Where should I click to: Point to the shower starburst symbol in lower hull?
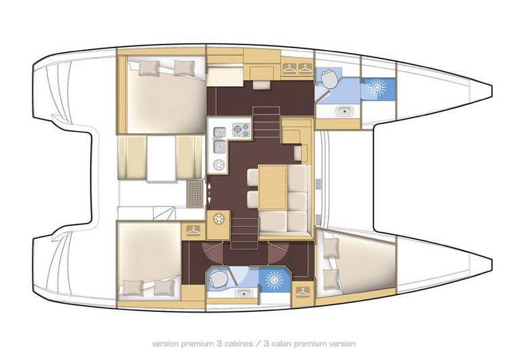274,280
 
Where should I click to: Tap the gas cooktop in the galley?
242,130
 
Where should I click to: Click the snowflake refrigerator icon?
219,219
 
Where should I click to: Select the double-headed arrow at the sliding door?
209,193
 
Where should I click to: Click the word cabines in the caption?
238,344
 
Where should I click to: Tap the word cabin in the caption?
281,344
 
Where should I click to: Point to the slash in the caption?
259,344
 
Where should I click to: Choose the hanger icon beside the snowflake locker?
193,231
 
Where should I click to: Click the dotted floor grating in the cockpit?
195,193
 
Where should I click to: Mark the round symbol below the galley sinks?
219,165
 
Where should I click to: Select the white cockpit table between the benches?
161,159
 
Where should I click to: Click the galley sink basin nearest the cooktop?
220,132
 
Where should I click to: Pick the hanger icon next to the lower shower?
303,291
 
